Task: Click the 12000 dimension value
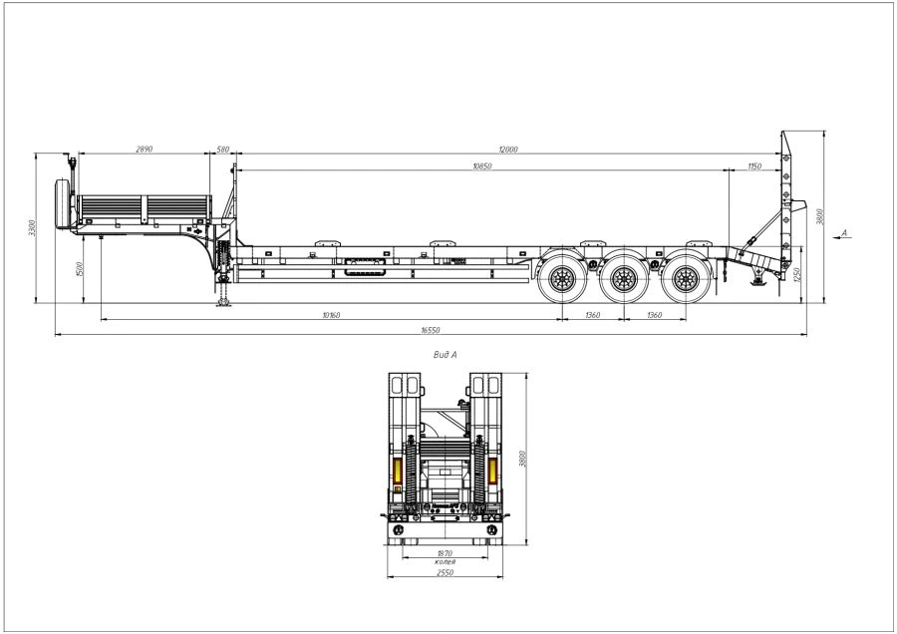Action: tap(510, 150)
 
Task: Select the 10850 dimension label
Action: tap(482, 166)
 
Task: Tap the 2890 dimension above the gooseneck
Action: tap(144, 150)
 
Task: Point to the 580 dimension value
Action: tap(222, 150)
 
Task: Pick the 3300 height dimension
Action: tap(32, 227)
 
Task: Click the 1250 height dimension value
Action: tap(797, 274)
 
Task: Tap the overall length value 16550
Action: tap(431, 329)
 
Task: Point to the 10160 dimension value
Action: tap(331, 315)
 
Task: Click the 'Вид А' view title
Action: tap(445, 354)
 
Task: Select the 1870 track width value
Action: tap(445, 553)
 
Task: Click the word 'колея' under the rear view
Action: tap(445, 562)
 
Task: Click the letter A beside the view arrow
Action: tap(844, 232)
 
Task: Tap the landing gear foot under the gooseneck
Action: tap(222, 304)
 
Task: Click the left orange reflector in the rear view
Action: tap(404, 474)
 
